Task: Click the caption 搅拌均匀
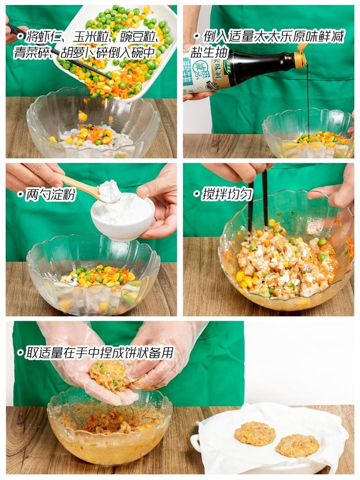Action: click(227, 194)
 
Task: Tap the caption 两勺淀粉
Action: click(50, 194)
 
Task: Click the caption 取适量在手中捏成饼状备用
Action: click(99, 353)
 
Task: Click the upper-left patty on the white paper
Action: click(255, 433)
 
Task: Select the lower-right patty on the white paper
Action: click(297, 446)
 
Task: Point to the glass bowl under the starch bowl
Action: click(93, 274)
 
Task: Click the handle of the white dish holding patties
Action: click(195, 443)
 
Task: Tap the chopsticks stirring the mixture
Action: click(258, 200)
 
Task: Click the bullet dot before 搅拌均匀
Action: click(196, 194)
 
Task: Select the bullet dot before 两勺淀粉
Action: click(20, 194)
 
